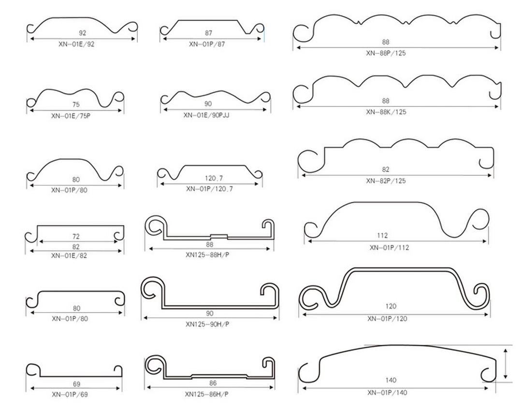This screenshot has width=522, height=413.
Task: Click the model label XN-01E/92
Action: [x=76, y=44]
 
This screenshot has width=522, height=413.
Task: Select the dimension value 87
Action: [x=208, y=33]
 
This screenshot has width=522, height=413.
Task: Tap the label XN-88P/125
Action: [x=386, y=53]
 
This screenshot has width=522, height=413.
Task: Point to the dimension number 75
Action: [x=76, y=105]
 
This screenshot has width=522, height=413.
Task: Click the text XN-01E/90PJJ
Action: [x=206, y=115]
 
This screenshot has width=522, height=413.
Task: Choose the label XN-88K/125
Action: [x=386, y=112]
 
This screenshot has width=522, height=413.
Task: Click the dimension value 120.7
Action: [x=214, y=179]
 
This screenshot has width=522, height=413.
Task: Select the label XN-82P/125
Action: [x=386, y=181]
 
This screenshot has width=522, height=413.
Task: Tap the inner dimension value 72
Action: [x=76, y=236]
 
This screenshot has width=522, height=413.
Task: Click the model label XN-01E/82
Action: [x=69, y=256]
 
